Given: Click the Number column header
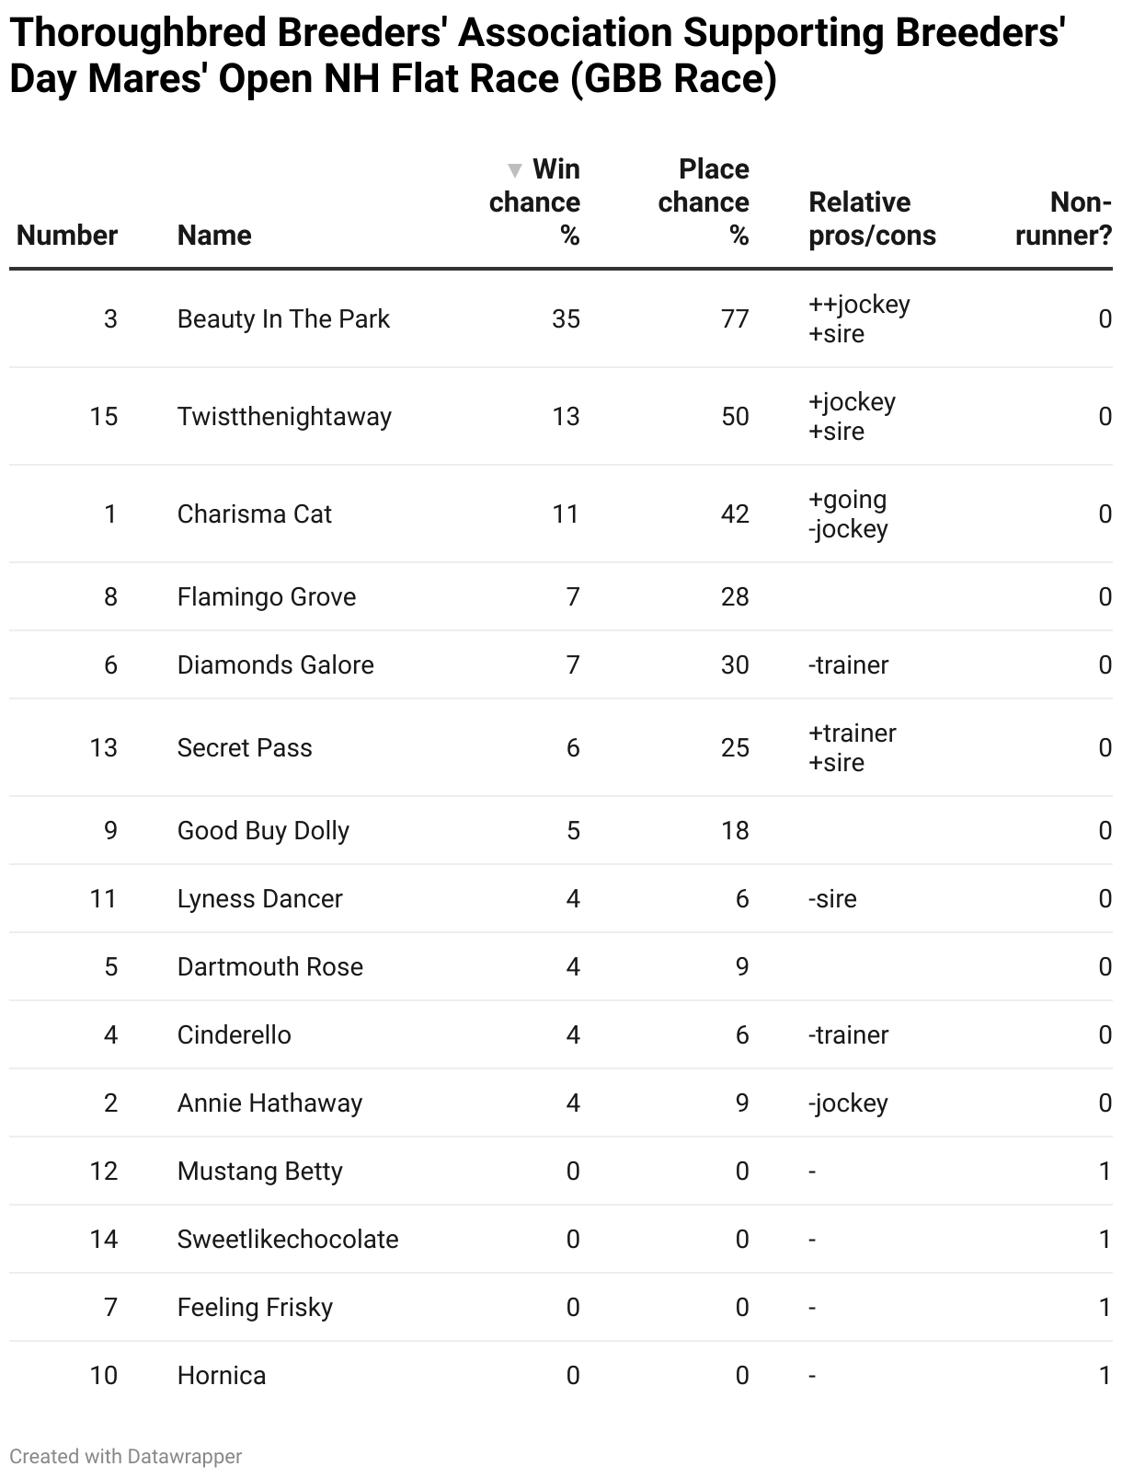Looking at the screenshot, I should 67,236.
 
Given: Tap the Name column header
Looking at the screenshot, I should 214,236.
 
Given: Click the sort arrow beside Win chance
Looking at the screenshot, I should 515,170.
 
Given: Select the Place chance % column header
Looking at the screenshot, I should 704,202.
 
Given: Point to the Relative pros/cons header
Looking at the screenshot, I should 872,219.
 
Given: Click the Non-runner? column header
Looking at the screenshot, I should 1063,219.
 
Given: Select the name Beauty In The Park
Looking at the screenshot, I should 283,319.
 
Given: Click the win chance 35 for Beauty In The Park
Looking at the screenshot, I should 566,319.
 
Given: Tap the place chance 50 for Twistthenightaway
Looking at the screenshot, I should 735,417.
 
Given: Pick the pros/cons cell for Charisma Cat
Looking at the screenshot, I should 848,514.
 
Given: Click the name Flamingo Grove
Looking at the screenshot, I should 267,597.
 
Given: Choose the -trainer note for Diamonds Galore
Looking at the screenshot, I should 848,665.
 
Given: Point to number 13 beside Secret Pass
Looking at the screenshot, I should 104,748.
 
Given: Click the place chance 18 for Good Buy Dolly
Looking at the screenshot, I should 735,831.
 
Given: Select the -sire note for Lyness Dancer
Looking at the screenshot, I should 832,899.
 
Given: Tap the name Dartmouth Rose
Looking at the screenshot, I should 270,967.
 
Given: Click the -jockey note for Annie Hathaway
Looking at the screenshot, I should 848,1103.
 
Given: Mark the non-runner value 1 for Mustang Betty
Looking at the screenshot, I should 1105,1172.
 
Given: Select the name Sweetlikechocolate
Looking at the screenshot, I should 288,1240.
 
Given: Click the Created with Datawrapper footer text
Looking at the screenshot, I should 126,1457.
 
